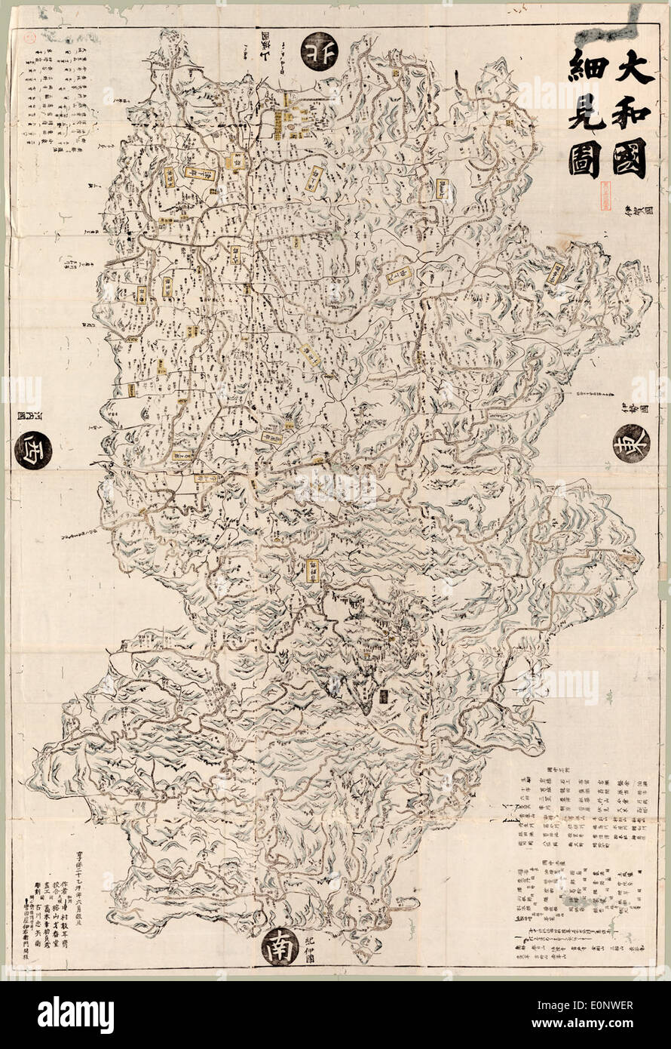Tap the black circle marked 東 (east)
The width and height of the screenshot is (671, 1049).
[631, 443]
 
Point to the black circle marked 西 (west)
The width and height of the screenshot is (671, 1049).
[32, 451]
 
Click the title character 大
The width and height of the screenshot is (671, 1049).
[629, 67]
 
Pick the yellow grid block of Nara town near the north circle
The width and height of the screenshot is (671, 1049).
[290, 125]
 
